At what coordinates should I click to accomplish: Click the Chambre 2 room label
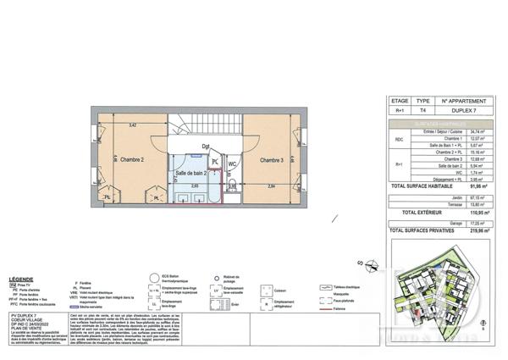(x=130, y=160)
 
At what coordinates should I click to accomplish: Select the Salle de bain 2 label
(x=190, y=173)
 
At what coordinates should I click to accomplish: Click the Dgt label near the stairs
(x=206, y=147)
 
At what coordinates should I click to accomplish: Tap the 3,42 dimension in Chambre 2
(x=131, y=125)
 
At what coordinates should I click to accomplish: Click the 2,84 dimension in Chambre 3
(x=271, y=186)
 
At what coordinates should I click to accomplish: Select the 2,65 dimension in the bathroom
(x=194, y=186)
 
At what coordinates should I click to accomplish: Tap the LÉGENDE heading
(x=21, y=278)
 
